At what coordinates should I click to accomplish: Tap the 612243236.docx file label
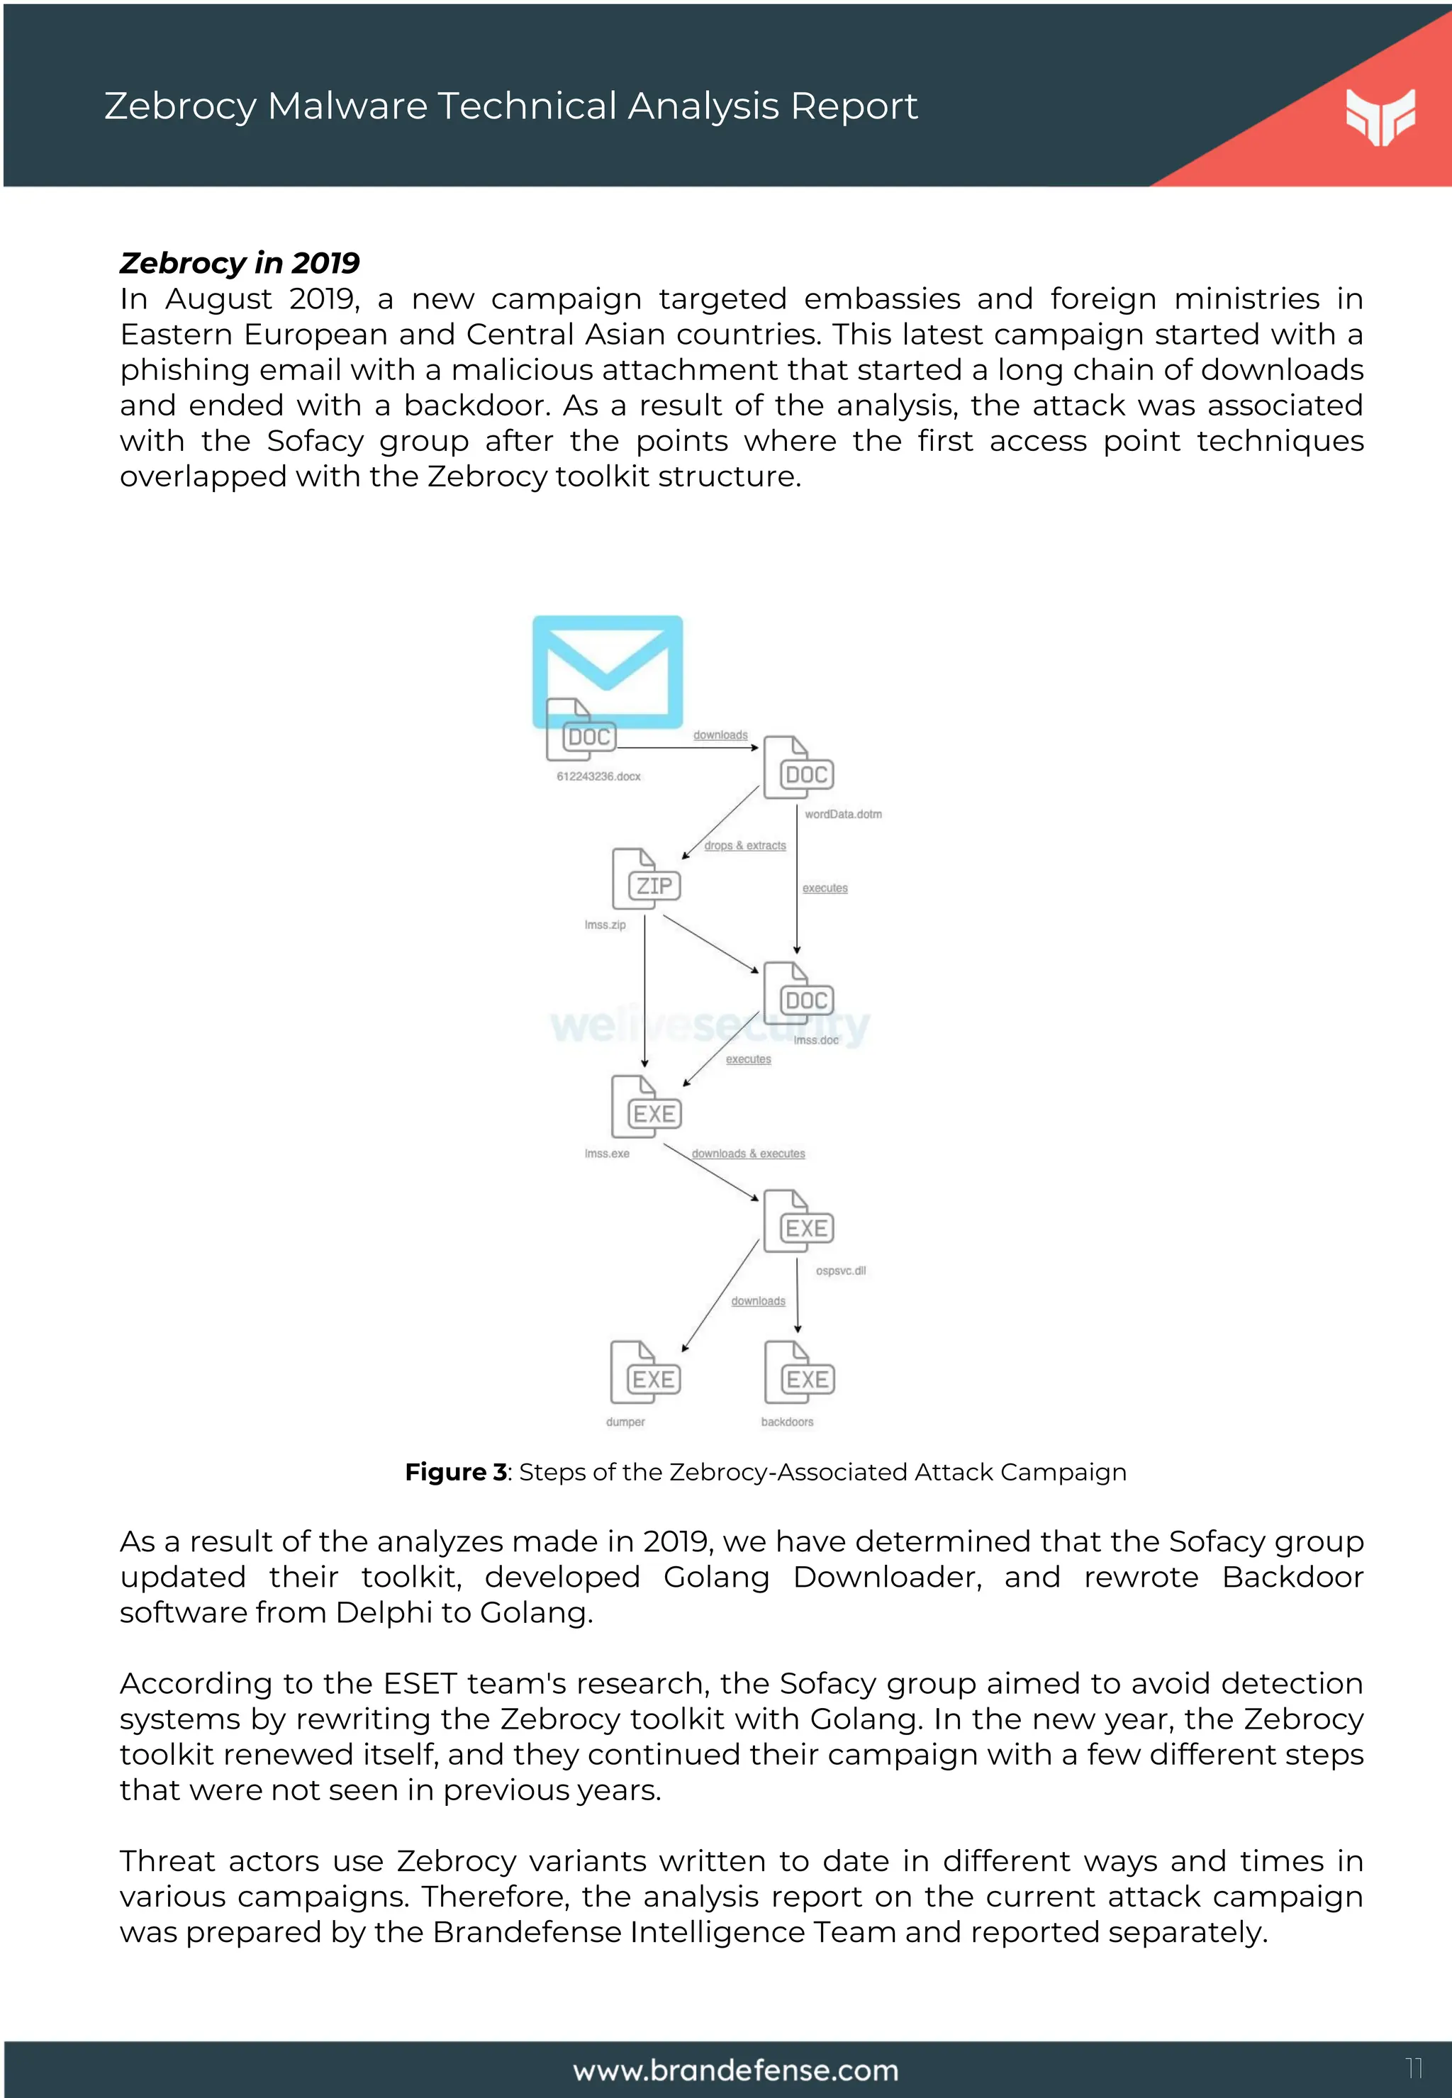pos(598,776)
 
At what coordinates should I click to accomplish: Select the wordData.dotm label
pos(842,814)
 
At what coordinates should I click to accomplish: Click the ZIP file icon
pos(646,880)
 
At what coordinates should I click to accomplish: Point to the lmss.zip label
pos(605,925)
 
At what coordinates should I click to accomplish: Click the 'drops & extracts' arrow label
pos(744,846)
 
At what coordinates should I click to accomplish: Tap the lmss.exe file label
pos(607,1154)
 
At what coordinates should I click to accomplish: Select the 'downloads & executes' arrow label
pos(748,1154)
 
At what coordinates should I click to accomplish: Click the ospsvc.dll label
pos(841,1271)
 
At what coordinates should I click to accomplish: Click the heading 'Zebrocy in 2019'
pos(239,263)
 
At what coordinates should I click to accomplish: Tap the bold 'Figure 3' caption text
pos(455,1472)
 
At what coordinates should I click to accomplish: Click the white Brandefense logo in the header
pos(1380,116)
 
